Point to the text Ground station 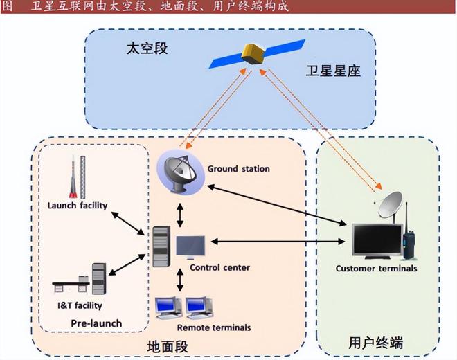(238, 168)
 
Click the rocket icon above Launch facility (73, 177)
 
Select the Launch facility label (77, 205)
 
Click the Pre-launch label (96, 323)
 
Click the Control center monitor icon (190, 247)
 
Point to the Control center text (219, 267)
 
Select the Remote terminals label (214, 327)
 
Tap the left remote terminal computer (168, 305)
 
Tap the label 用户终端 (375, 342)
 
